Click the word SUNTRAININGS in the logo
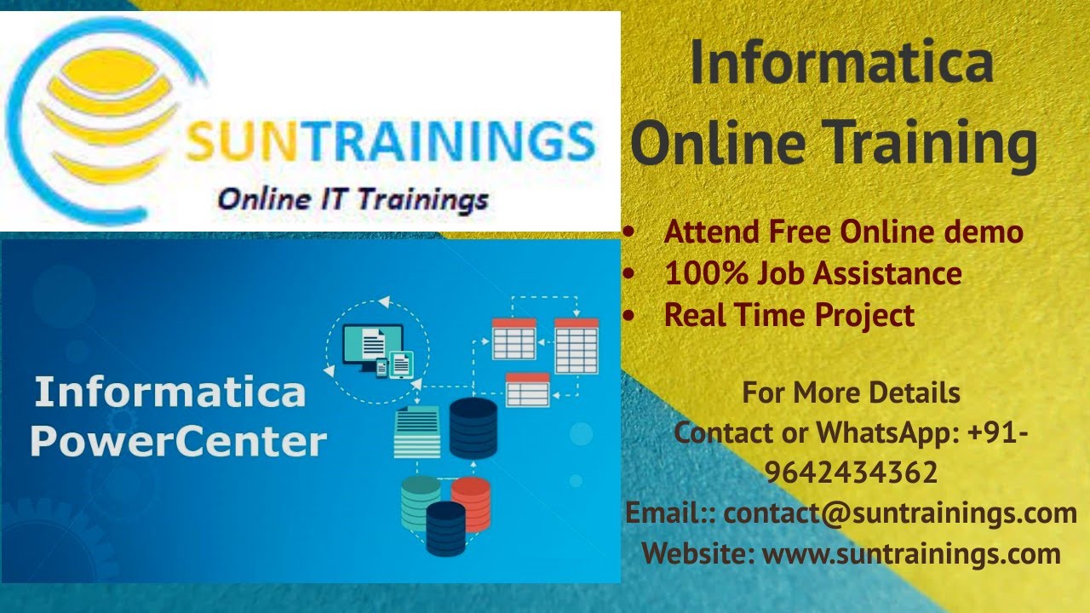[390, 143]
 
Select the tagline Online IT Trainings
[353, 200]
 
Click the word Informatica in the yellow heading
[841, 63]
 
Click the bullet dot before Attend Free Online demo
[628, 232]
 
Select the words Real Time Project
[789, 315]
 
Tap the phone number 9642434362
[851, 472]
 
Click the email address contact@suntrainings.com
[900, 513]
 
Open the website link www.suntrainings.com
[911, 554]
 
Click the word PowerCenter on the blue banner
[179, 442]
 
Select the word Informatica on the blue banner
[169, 392]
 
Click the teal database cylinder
[420, 502]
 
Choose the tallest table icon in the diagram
[577, 346]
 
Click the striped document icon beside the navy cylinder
[417, 432]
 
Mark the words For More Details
[851, 393]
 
